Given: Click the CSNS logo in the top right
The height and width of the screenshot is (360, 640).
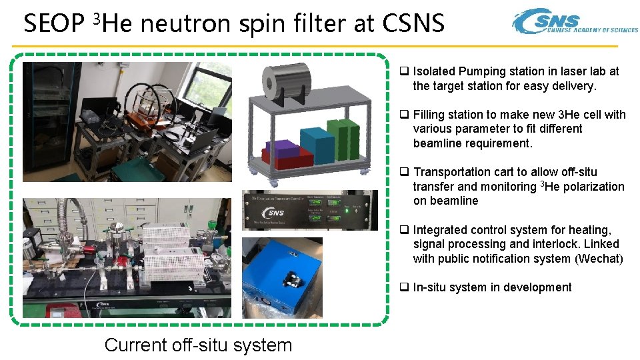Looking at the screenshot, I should (574, 22).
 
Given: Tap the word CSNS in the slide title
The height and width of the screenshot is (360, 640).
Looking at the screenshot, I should (413, 24).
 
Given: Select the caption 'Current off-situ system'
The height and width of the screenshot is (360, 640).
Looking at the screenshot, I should (198, 345).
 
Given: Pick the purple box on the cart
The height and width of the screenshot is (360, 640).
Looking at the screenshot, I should (281, 148).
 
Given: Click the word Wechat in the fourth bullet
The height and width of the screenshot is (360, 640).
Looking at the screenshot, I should (599, 259).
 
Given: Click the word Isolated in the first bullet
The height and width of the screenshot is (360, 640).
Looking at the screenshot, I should (434, 71).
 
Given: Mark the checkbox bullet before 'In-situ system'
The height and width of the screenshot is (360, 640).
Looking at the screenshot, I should (404, 287).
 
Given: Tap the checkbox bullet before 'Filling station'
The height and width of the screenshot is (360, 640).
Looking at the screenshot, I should (404, 115).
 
